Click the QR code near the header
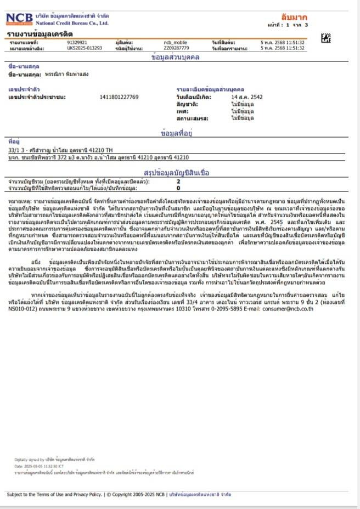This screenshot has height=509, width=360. coord(325,38)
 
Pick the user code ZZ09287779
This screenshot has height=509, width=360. coord(176,48)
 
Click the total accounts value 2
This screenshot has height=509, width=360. coord(178,180)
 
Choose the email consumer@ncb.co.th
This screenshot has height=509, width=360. coord(285,309)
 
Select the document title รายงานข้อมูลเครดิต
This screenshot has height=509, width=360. coord(33,34)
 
